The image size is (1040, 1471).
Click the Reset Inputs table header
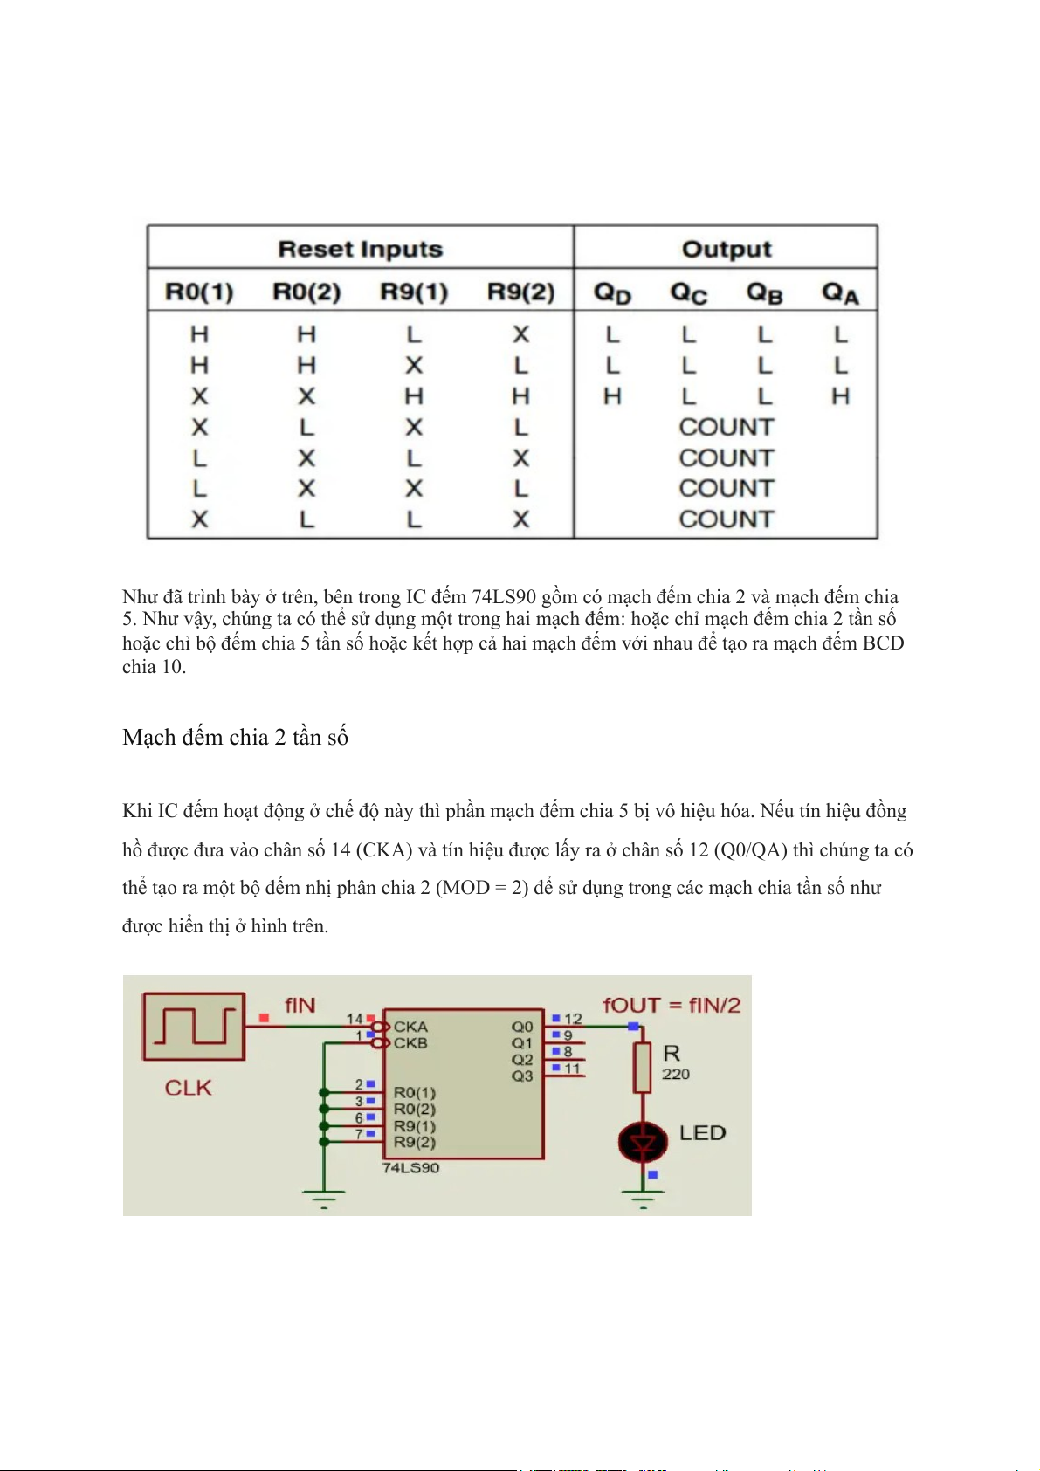point(360,249)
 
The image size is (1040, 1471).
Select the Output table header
point(727,249)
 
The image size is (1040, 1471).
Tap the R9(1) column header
point(414,292)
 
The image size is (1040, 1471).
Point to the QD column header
point(612,292)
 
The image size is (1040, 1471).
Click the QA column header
point(840,292)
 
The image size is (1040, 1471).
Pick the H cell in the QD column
point(612,396)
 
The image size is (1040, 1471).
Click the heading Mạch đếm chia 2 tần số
point(235,738)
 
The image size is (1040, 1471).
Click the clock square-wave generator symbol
point(194,1026)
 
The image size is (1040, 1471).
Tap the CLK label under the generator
point(189,1088)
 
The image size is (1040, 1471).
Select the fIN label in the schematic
point(300,1005)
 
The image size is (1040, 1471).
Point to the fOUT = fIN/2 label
point(671,1005)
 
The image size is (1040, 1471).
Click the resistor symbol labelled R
point(643,1067)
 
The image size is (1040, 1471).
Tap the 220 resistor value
point(676,1074)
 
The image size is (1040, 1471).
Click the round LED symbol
point(644,1142)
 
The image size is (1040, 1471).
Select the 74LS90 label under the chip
point(410,1168)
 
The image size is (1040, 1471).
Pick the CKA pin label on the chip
point(410,1027)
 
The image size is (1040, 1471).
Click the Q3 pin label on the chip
point(522,1076)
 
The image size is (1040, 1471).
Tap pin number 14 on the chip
point(354,1019)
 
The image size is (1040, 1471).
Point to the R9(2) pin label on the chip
point(414,1142)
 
